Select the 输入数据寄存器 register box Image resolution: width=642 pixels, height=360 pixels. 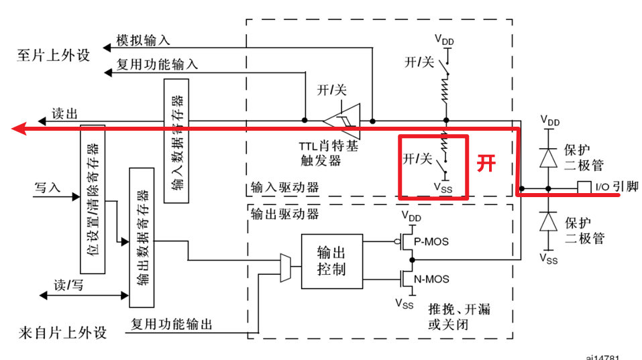point(176,140)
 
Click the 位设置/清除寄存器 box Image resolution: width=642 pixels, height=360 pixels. point(93,199)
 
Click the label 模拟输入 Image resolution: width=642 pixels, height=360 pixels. point(143,40)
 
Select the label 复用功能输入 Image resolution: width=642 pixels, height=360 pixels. point(157,65)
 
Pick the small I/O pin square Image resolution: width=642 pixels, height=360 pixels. point(583,188)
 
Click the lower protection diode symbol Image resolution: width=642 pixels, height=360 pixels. point(549,221)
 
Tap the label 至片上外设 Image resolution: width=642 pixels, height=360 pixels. point(53,55)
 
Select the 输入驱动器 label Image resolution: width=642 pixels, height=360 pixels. point(285,188)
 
